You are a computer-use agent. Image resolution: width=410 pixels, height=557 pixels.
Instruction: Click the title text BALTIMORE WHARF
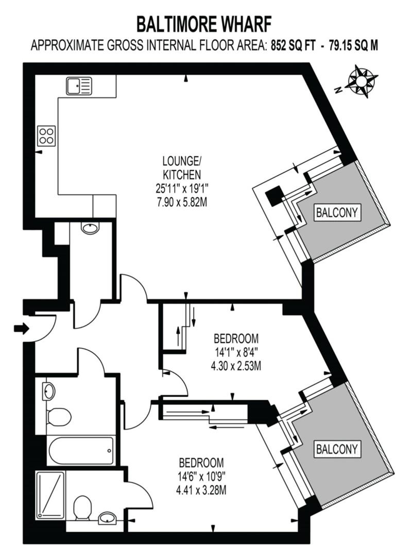point(204,24)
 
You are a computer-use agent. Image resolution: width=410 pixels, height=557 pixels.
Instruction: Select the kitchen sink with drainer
point(79,85)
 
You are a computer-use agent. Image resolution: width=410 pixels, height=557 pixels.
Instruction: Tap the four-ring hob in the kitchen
point(46,136)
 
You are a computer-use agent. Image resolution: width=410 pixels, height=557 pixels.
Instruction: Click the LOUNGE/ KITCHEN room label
point(178,168)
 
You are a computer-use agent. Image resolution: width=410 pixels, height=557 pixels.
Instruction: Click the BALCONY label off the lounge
point(337,211)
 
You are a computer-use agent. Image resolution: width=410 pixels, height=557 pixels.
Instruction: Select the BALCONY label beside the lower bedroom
point(336,449)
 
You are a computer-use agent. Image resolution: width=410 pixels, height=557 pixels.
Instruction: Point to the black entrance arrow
point(22,328)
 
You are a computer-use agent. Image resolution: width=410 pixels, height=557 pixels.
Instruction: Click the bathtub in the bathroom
point(80,450)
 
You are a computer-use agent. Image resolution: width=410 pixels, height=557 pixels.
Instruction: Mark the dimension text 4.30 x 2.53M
point(236,366)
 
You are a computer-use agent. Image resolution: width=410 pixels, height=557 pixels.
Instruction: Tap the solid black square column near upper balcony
point(274,196)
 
